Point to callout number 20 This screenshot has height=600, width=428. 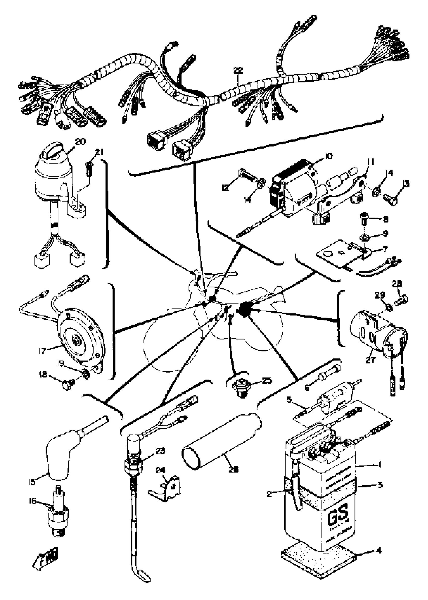point(80,142)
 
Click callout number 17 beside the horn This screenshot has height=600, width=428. point(42,351)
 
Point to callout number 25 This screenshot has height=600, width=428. point(266,381)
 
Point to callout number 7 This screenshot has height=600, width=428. point(384,248)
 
